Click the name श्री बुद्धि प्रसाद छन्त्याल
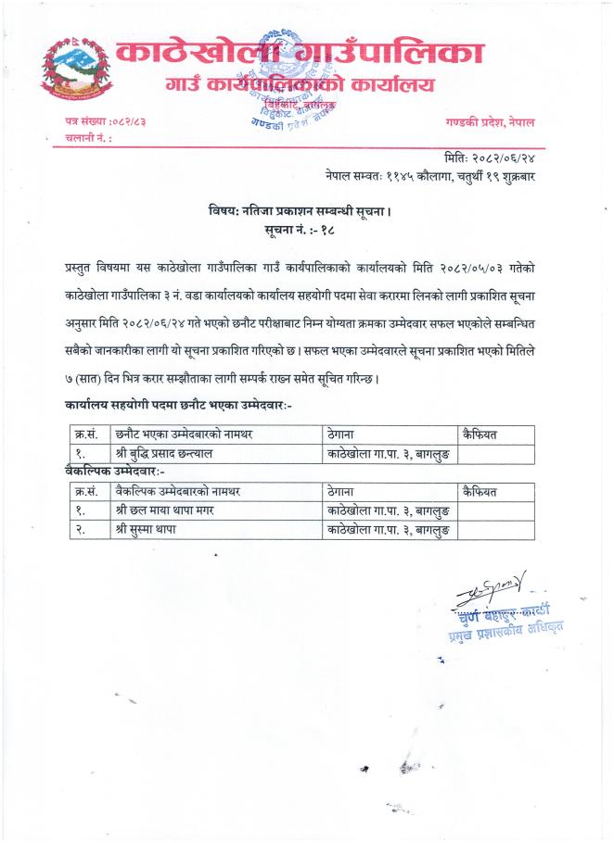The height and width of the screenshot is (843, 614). click(173, 453)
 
